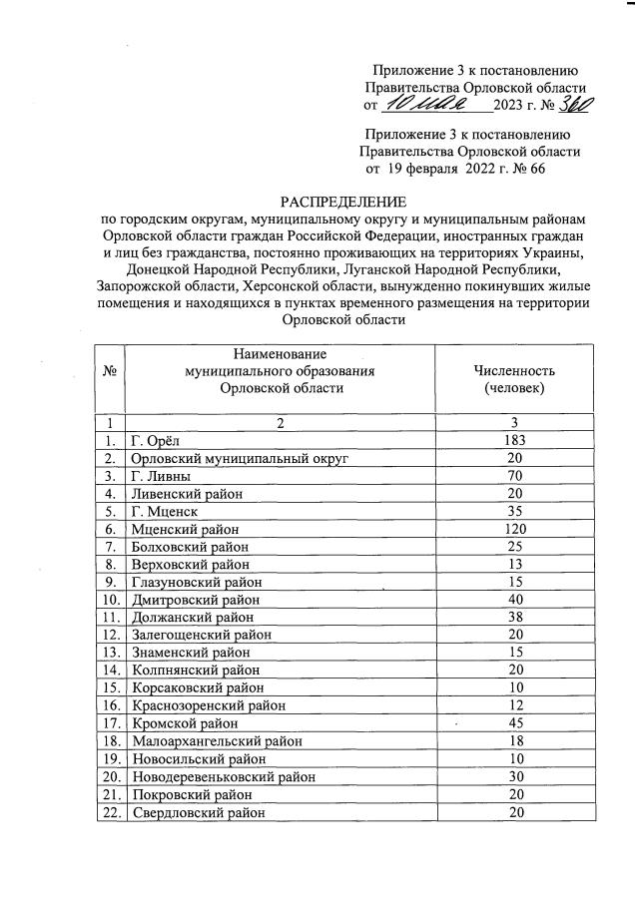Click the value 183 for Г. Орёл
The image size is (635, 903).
[515, 440]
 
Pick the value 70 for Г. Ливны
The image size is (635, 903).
[515, 476]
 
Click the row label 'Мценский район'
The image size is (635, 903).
[182, 529]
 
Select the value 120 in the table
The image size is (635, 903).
[515, 529]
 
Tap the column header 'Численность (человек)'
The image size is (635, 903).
[515, 379]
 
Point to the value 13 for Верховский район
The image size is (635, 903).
[515, 564]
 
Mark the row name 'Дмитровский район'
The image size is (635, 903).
[195, 600]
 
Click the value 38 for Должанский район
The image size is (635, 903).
[515, 618]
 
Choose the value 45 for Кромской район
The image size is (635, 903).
[515, 723]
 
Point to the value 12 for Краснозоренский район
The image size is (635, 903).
[515, 705]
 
